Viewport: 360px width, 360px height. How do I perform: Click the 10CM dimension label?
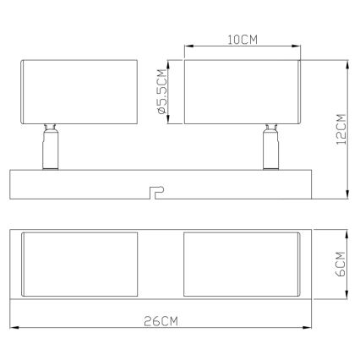tap(242, 39)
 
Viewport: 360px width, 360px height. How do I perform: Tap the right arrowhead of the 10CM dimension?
tap(298, 47)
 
